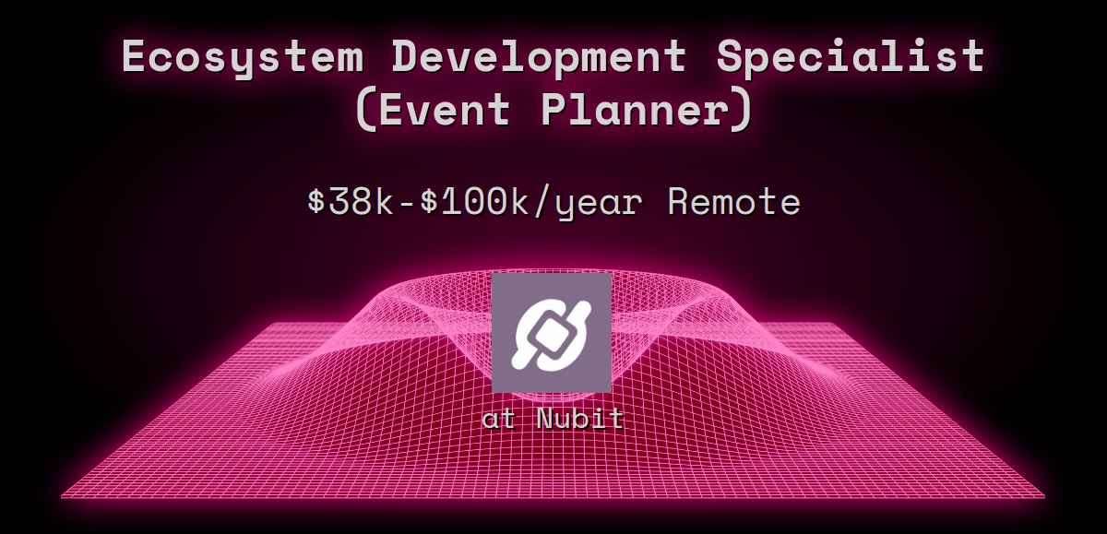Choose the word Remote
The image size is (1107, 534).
[734, 201]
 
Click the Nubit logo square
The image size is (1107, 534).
[552, 332]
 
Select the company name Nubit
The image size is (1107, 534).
[580, 419]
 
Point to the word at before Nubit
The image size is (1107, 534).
[499, 419]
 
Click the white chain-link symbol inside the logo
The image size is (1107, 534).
[552, 332]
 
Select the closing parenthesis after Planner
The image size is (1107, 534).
[744, 111]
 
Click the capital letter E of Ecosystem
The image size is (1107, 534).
[135, 56]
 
